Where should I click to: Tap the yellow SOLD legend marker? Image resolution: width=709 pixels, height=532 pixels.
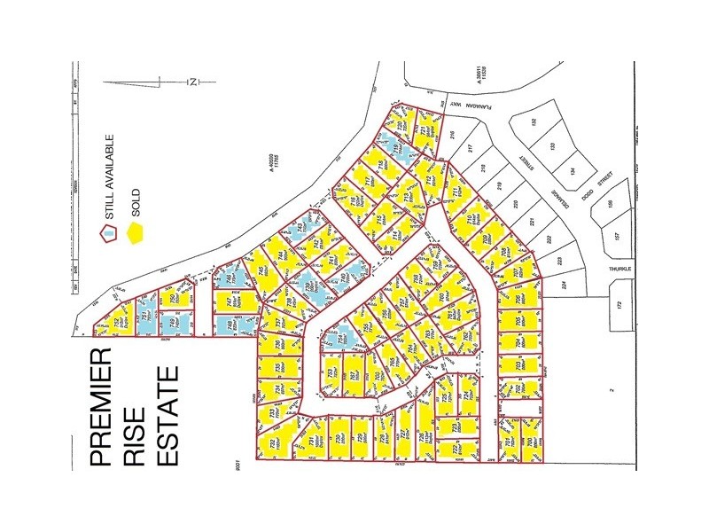pos(136,232)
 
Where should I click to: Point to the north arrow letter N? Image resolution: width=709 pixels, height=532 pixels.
pos(192,82)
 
